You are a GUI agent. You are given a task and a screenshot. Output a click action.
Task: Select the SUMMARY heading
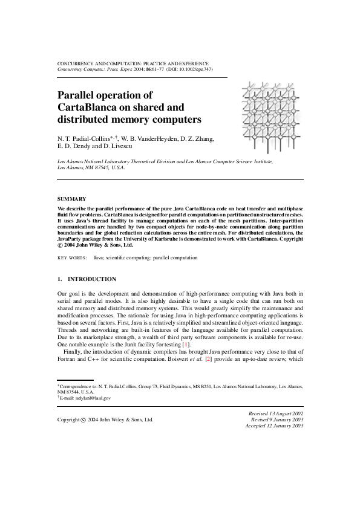[71, 199]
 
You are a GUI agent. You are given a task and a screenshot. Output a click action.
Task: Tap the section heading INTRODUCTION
[91, 279]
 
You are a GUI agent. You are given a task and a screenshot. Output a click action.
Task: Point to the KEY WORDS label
[72, 258]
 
